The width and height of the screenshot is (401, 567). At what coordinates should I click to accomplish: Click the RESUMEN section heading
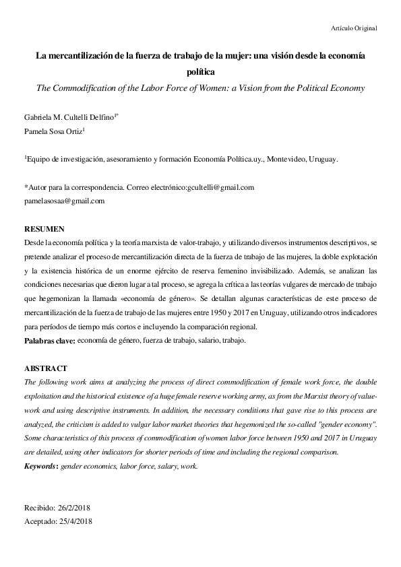tap(44, 229)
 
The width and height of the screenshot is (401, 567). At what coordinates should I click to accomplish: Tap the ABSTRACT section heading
tap(46, 368)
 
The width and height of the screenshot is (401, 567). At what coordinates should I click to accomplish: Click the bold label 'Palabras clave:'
tap(49, 341)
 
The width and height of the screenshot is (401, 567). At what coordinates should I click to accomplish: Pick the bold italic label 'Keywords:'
tap(41, 466)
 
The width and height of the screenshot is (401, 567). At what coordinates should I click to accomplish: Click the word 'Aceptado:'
tap(39, 521)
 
